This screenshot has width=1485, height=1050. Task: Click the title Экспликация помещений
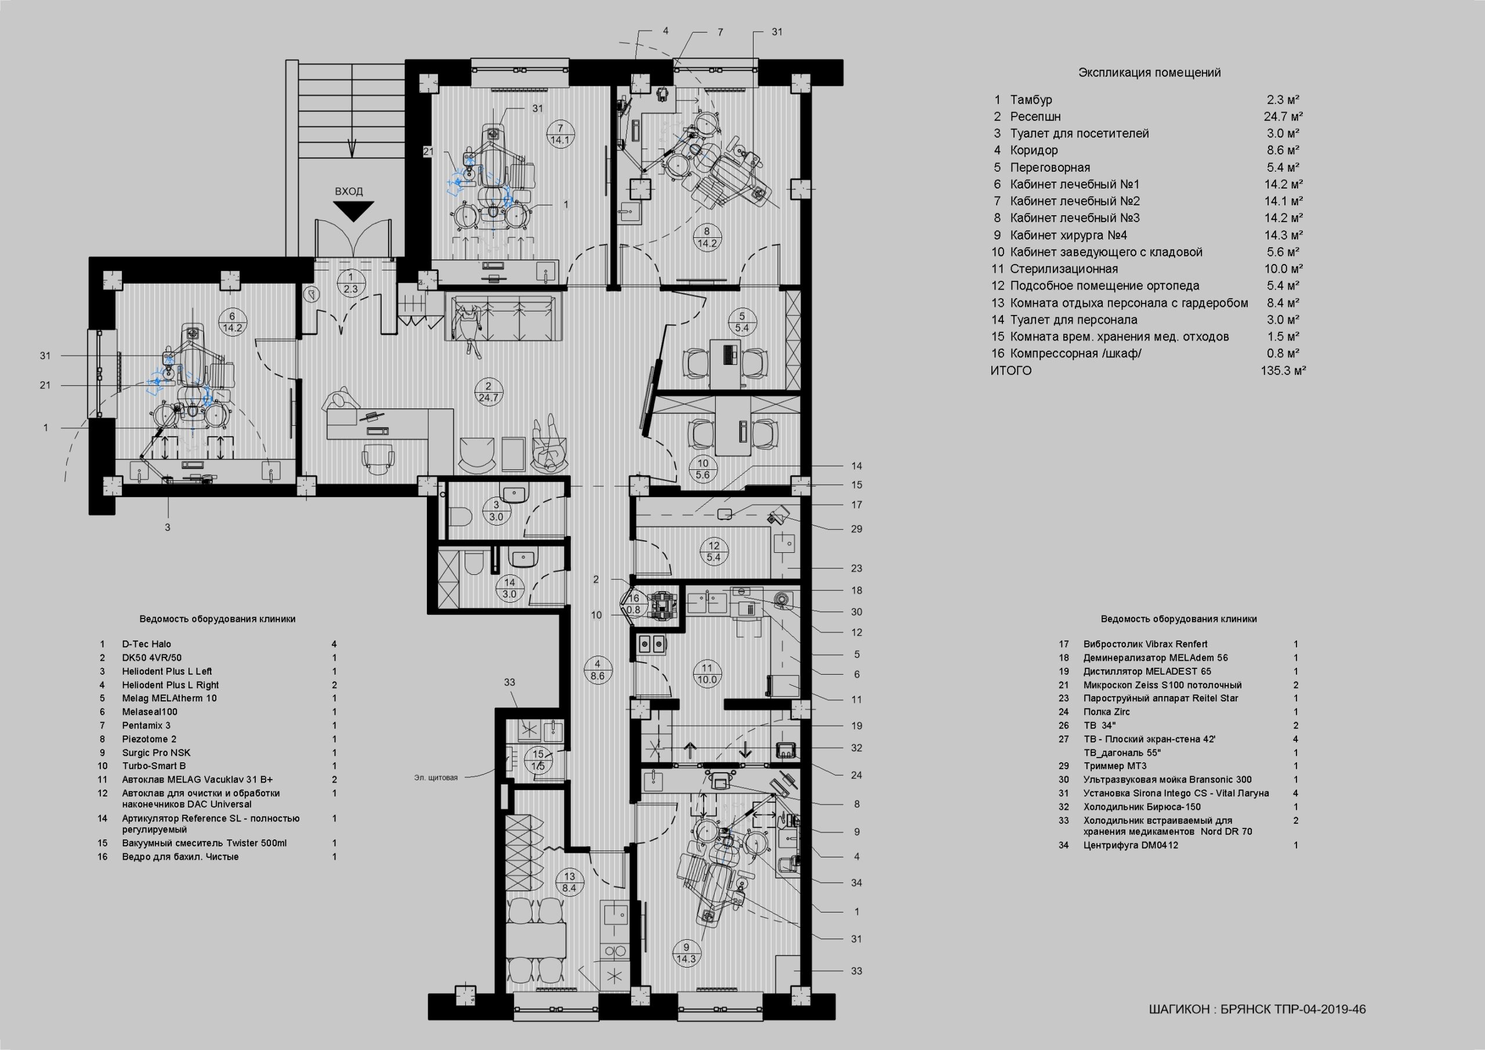click(1149, 73)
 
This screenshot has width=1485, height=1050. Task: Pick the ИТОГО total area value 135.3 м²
click(1283, 371)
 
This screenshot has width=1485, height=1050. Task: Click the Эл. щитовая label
click(436, 777)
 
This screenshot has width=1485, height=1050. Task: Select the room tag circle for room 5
click(742, 322)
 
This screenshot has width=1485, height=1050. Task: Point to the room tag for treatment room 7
click(559, 134)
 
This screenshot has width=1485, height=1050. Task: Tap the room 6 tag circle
click(232, 321)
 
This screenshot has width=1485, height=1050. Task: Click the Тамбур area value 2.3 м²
click(1283, 100)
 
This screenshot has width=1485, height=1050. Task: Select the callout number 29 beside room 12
click(856, 528)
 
